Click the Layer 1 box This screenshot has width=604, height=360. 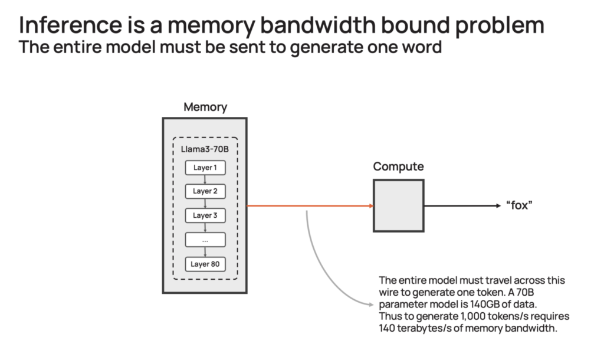click(205, 168)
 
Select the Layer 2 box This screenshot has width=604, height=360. click(205, 191)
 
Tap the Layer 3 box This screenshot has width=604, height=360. click(205, 215)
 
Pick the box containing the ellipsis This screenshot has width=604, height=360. click(205, 240)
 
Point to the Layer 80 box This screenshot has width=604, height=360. click(205, 264)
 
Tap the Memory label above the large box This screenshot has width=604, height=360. click(205, 107)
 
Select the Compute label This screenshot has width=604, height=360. click(398, 167)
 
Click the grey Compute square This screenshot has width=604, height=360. click(398, 205)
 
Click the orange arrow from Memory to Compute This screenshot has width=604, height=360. click(310, 206)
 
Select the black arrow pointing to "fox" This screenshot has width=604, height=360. click(460, 206)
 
